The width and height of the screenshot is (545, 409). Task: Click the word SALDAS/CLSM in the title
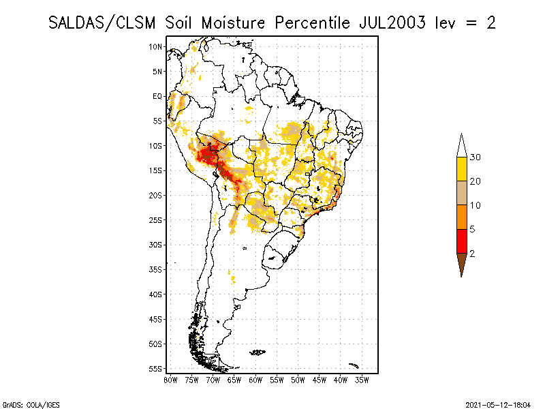102,23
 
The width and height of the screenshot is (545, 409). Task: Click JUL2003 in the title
392,23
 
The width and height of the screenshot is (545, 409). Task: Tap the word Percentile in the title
313,23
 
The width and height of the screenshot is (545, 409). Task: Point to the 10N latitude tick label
155,46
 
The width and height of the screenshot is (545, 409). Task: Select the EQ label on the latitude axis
157,96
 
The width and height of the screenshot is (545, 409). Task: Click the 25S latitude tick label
155,220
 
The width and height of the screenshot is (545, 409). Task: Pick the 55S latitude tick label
155,369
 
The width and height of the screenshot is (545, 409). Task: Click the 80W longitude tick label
170,380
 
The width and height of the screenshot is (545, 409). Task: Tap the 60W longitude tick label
255,380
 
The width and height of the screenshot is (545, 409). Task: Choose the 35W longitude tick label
362,380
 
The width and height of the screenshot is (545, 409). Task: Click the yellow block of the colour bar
462,169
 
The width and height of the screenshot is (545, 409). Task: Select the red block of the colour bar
462,241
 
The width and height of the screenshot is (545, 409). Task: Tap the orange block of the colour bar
462,217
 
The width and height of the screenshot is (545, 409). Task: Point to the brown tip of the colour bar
462,264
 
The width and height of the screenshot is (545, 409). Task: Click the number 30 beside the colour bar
475,157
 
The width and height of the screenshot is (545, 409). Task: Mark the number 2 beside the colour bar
472,254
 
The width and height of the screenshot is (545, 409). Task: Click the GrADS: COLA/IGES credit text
31,405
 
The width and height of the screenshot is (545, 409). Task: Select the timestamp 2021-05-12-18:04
498,405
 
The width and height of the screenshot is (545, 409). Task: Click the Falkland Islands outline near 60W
258,352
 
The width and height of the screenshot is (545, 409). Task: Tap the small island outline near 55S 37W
354,365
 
